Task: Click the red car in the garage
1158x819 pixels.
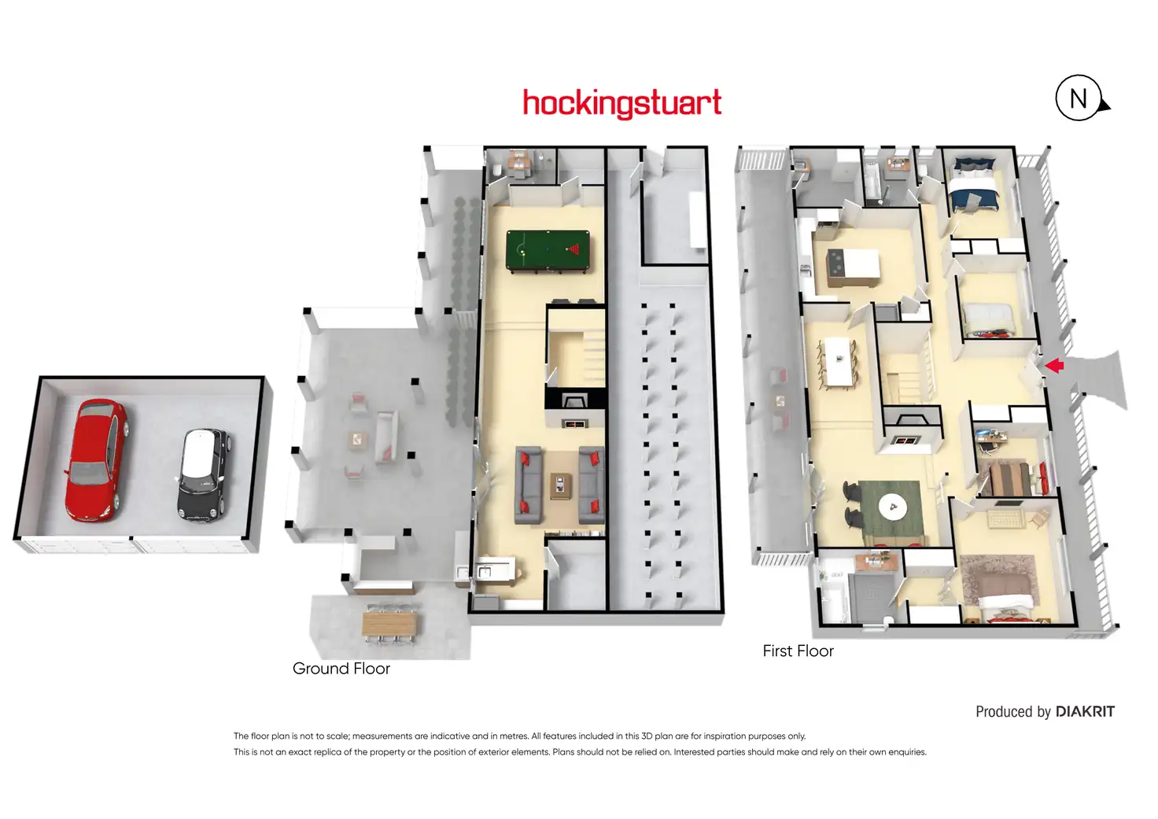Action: click(x=96, y=459)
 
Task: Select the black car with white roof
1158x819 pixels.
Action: click(x=202, y=474)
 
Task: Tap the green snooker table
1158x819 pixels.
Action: click(x=548, y=251)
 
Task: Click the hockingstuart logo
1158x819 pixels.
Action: click(x=621, y=104)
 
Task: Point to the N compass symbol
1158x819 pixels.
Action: click(x=1079, y=98)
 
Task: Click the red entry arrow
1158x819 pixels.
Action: click(x=1054, y=365)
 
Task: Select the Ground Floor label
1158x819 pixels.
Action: click(x=341, y=669)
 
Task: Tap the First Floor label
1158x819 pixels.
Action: click(x=798, y=651)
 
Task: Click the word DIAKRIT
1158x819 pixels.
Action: click(x=1085, y=712)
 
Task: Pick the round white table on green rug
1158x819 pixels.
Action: click(x=892, y=506)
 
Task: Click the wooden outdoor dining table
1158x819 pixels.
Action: click(x=391, y=624)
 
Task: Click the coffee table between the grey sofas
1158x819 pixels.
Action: click(x=560, y=485)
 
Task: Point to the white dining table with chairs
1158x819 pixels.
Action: click(x=839, y=361)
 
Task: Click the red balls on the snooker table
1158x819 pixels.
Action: click(x=574, y=251)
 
